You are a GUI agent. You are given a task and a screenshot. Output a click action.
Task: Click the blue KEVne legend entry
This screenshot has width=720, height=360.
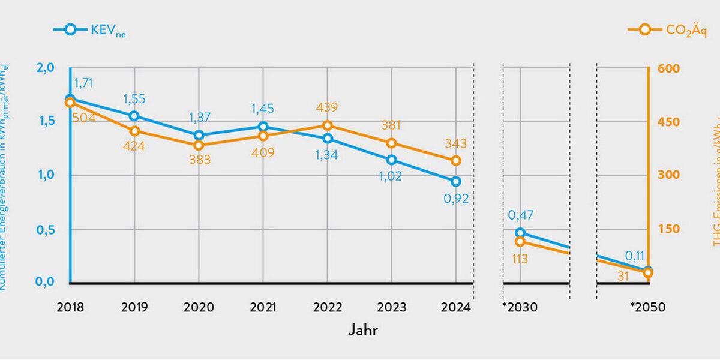90,29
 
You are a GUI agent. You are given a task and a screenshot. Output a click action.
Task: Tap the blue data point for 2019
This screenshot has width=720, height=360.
134,116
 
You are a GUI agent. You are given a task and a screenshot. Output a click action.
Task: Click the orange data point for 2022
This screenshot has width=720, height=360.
328,125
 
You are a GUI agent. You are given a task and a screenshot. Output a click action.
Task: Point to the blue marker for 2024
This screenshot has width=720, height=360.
456,181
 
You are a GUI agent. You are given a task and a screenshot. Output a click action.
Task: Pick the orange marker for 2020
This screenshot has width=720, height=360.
199,145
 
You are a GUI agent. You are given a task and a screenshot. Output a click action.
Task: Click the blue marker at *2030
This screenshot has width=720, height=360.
520,233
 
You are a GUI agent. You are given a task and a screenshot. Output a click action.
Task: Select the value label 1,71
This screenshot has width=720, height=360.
83,83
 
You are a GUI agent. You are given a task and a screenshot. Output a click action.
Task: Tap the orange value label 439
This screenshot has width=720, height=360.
328,108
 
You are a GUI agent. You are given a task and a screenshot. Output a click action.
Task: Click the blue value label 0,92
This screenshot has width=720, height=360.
456,199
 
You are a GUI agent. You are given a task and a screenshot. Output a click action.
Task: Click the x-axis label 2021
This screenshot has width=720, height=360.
263,308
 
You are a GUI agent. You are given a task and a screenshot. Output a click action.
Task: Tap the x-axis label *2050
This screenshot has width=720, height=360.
647,308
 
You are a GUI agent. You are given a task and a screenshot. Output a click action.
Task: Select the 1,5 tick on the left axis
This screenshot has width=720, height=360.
46,121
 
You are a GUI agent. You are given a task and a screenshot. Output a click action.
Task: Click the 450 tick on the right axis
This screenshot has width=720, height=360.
668,122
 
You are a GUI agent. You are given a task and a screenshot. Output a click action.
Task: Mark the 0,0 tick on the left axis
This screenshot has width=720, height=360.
46,283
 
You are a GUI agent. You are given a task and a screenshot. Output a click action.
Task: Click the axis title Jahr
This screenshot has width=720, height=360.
363,330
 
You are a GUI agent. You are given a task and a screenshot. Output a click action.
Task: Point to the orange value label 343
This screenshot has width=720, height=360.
455,144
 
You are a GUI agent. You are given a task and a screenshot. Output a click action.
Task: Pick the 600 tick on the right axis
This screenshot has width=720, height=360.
668,68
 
